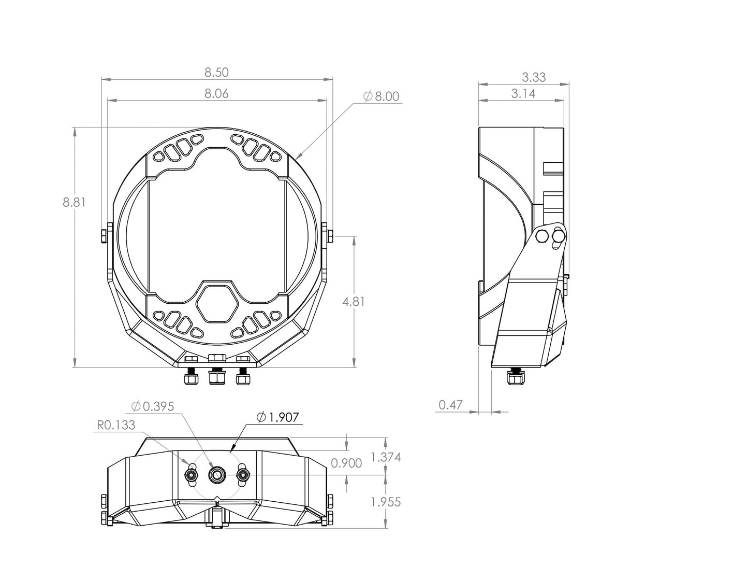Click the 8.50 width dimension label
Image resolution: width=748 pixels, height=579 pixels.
point(216,73)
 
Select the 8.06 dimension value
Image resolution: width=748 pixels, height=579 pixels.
point(216,93)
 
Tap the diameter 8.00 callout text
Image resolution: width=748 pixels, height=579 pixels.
point(382,96)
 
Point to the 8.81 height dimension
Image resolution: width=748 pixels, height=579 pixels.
point(74,202)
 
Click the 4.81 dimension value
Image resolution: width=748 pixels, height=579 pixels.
point(354,302)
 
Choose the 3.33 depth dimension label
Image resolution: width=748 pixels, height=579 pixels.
point(534,77)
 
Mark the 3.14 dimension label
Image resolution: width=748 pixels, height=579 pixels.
point(523,93)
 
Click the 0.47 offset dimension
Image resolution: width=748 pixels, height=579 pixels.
point(450,405)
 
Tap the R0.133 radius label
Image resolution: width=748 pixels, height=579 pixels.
point(116,425)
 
